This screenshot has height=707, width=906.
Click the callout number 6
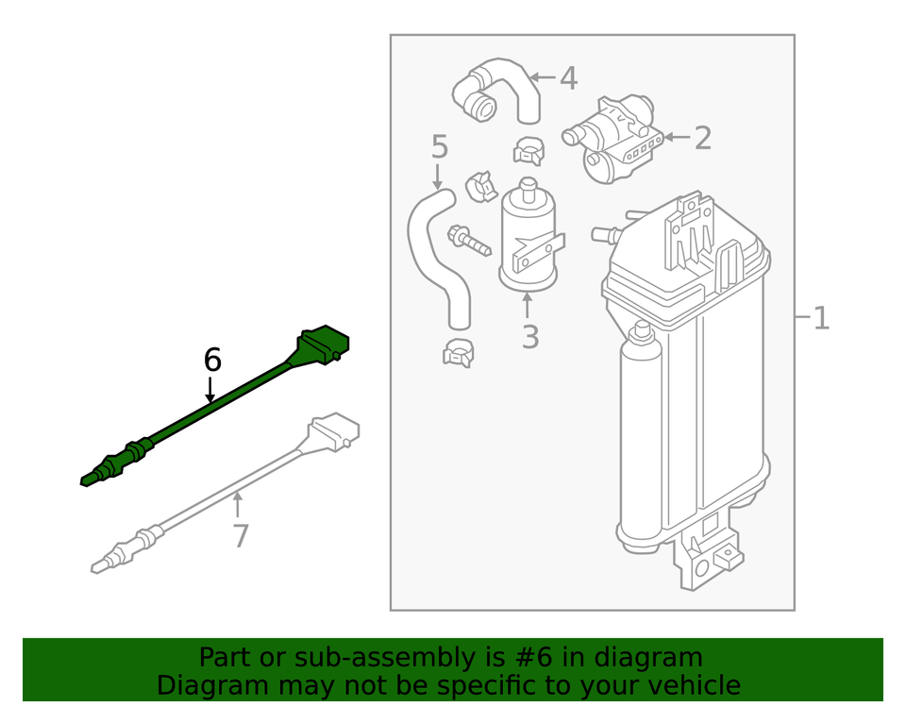212,360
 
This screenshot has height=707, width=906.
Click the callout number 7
241,536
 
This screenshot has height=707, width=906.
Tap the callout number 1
821,318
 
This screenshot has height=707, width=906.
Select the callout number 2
702,138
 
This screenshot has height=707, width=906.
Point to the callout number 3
529,335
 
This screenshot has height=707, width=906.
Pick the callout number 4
567,78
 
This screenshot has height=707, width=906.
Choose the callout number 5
439,146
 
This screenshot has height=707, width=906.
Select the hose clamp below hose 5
458,353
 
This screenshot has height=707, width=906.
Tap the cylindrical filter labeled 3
528,236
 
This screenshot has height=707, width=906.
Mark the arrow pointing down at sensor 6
210,389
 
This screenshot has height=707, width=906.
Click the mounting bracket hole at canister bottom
703,567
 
